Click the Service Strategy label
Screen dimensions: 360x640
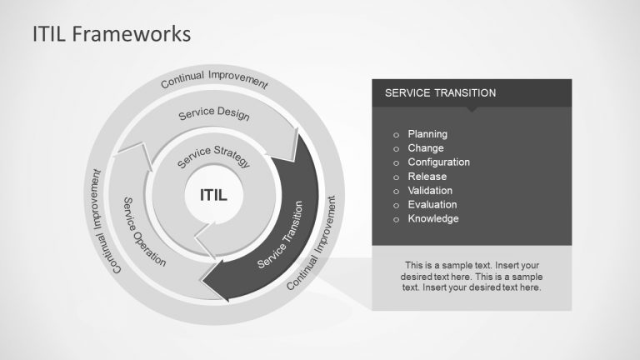(214, 156)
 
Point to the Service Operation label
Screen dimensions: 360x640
(144, 232)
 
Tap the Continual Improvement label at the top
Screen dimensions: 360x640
(214, 80)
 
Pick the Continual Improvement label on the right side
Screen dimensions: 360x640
(313, 243)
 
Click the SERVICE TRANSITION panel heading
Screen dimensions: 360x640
(440, 93)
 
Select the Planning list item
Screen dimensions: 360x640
(427, 134)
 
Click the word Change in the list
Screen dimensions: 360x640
(426, 148)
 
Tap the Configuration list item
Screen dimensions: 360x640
(438, 162)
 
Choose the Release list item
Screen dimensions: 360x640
(427, 177)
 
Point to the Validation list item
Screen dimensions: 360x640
(431, 191)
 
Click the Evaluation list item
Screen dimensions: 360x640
(432, 205)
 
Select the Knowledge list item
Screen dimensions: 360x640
(433, 219)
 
